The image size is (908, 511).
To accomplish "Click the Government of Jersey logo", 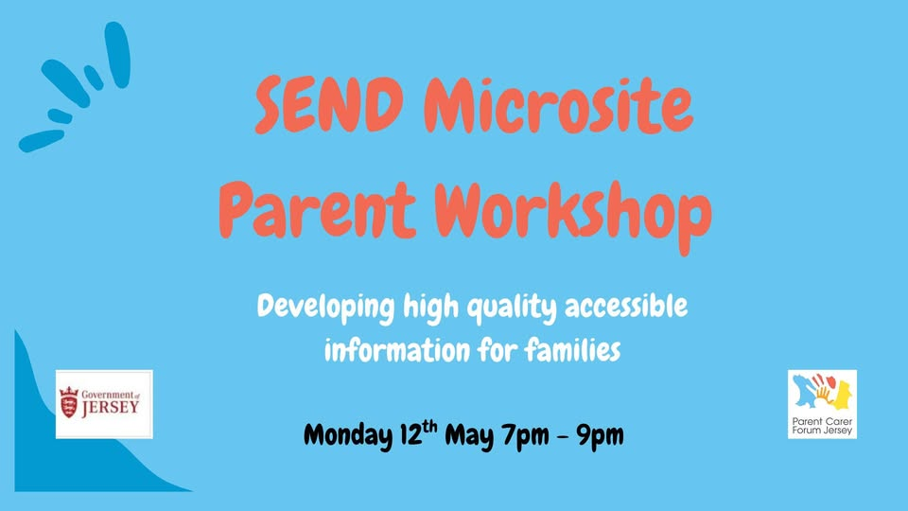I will click(104, 404).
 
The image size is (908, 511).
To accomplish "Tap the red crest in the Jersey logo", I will click(69, 404).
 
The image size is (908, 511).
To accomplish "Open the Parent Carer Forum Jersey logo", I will click(822, 404).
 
